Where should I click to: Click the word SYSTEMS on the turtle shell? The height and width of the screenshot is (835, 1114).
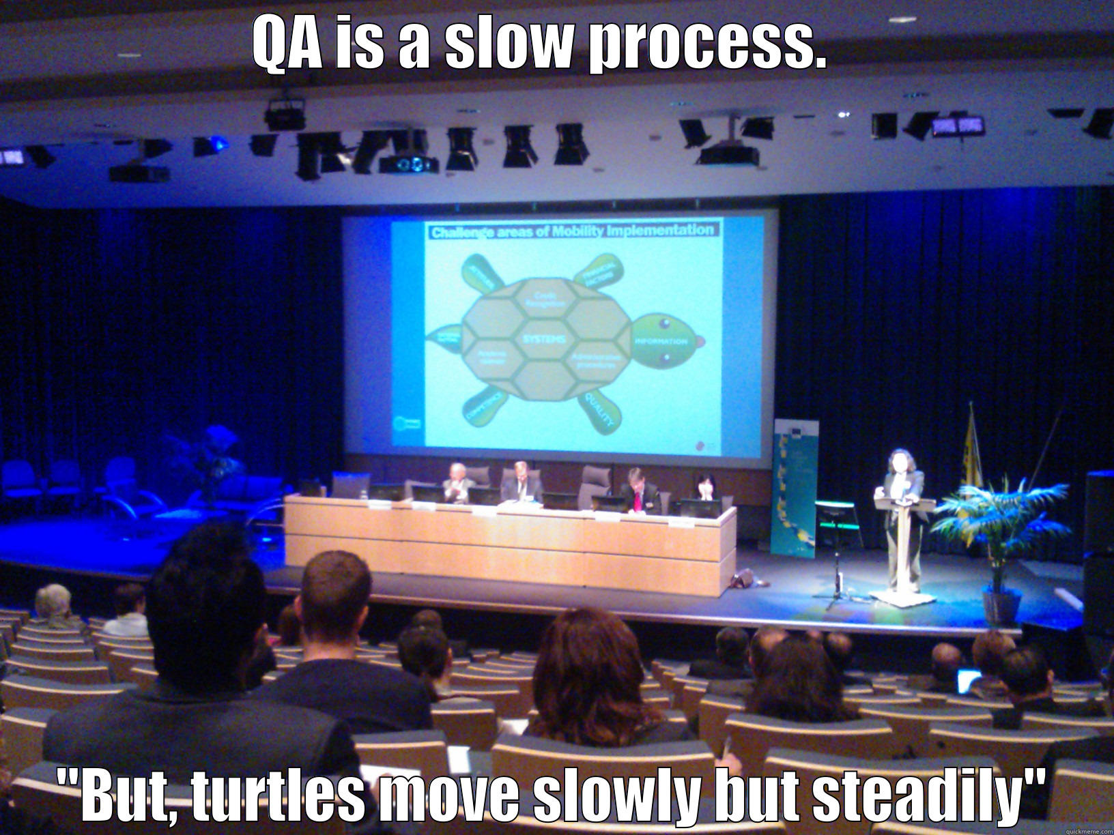(x=544, y=339)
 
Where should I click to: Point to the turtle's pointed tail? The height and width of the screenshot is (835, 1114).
(x=443, y=337)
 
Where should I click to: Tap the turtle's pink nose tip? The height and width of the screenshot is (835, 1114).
(x=700, y=340)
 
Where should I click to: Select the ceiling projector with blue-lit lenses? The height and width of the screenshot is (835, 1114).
(x=408, y=164)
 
